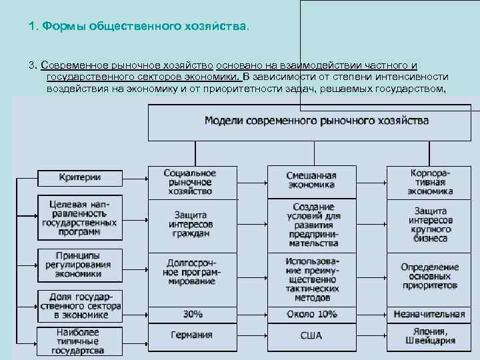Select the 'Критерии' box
tap(80, 177)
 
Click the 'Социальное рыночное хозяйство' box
tap(190, 182)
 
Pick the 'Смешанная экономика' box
tap(311, 181)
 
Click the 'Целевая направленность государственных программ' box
tap(80, 217)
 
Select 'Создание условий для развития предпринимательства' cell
tap(311, 225)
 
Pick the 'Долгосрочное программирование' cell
tap(192, 272)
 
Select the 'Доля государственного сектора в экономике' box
tap(80, 306)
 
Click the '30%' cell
tap(192, 313)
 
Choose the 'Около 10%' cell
tap(311, 314)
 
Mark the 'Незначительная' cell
tap(430, 314)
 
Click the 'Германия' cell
tap(192, 335)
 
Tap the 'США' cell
tap(311, 335)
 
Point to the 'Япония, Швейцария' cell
tap(430, 336)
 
